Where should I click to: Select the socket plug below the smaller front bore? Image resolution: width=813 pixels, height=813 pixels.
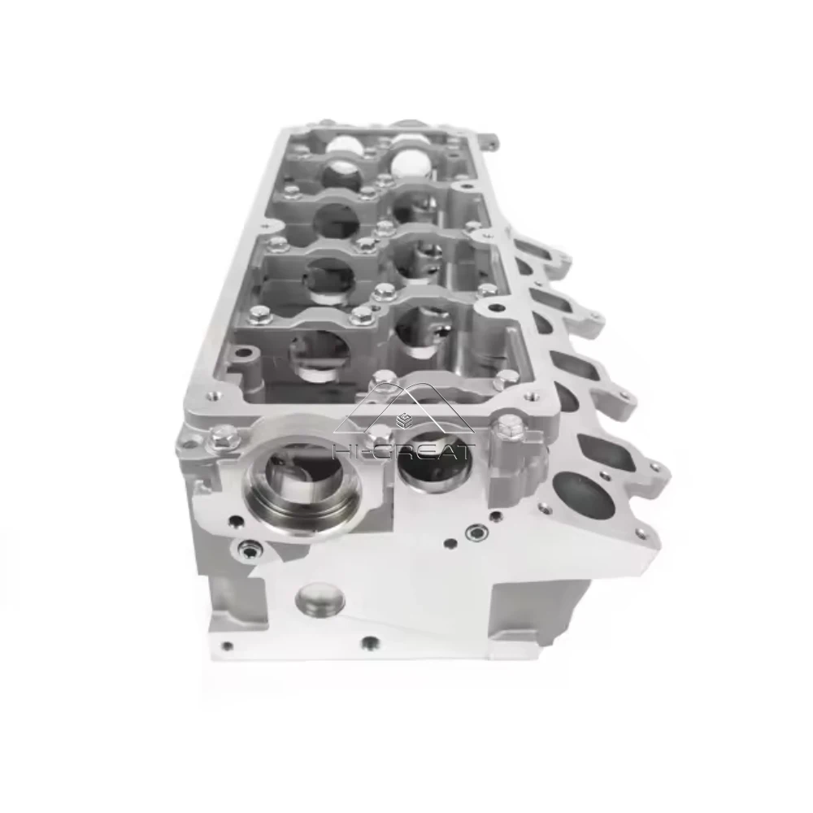[474, 533]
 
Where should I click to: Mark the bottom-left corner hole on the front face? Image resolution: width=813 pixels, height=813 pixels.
[227, 646]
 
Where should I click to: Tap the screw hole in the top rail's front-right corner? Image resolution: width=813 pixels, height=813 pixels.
[532, 398]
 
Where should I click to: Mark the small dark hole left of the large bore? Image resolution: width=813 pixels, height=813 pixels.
[235, 521]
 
